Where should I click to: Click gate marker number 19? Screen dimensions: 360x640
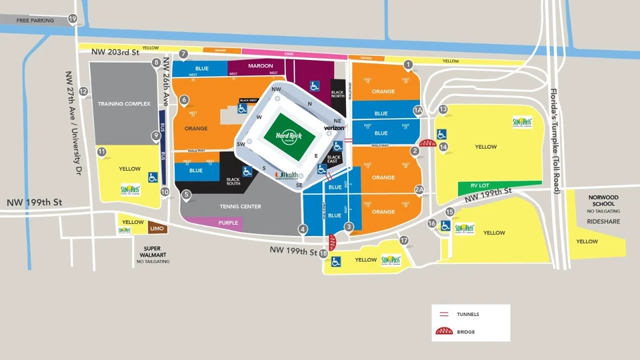[x=72, y=19]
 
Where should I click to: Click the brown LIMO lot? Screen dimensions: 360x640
[x=157, y=229]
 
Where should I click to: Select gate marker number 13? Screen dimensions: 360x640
[x=443, y=109]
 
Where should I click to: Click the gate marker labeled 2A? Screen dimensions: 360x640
[x=419, y=189]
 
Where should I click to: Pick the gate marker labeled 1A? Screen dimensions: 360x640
[x=419, y=110]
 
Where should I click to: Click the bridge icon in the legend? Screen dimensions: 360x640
[x=445, y=331]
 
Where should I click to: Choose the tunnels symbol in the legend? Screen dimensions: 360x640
[x=445, y=314]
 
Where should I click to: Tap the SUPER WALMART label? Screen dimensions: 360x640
[x=153, y=251]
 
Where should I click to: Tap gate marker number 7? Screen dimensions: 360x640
[x=183, y=53]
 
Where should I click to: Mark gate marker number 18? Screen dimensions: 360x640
[x=323, y=253]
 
